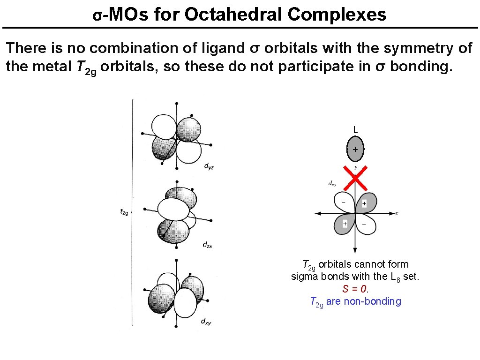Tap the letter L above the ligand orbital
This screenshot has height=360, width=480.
(355, 129)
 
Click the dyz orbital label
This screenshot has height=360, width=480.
(210, 166)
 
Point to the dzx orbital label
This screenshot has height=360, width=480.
(208, 244)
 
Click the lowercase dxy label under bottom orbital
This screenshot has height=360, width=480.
(206, 321)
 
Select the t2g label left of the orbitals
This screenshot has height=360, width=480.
(125, 212)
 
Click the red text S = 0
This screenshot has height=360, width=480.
(355, 289)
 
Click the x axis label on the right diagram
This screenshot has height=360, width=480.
(397, 213)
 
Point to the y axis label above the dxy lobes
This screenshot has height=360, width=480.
(355, 167)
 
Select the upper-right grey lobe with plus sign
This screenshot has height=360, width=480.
(367, 202)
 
